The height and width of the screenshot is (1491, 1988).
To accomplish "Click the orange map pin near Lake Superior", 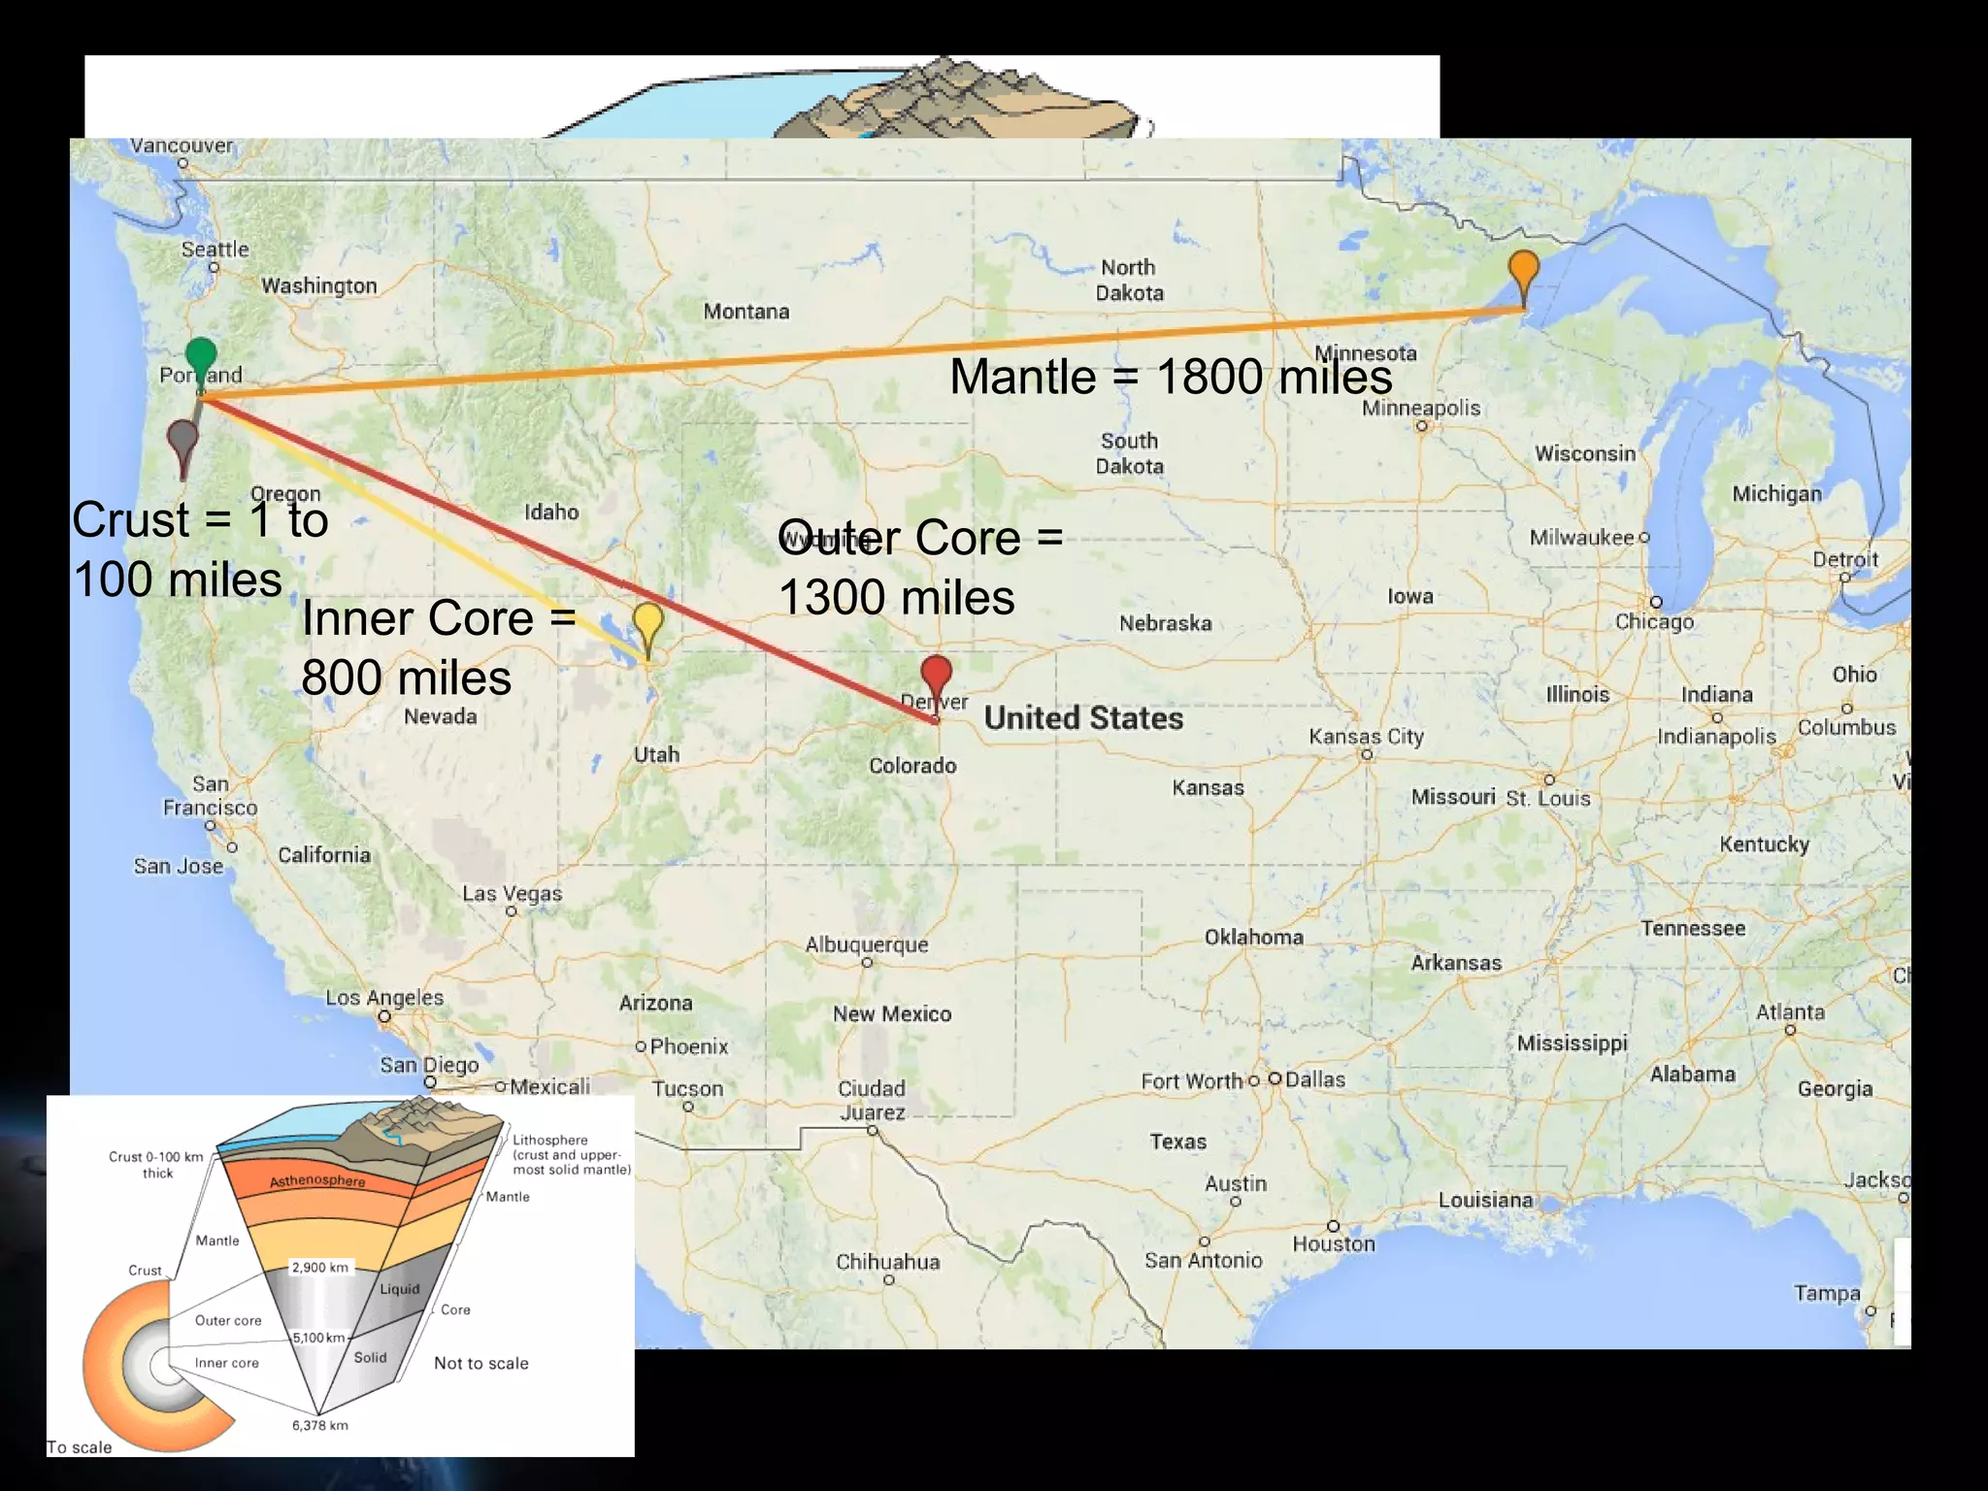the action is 1524,271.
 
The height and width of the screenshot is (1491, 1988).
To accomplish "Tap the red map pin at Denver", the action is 936,676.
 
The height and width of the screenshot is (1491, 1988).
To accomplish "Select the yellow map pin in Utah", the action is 647,622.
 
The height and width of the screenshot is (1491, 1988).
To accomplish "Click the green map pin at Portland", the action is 201,357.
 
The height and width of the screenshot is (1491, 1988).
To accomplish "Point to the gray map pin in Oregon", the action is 182,441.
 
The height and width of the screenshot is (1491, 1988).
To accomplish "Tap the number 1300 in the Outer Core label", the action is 839,597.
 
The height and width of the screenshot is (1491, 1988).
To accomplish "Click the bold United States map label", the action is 1083,718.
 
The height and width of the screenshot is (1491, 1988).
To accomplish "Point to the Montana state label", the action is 746,312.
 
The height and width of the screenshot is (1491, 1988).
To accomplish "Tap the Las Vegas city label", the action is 512,893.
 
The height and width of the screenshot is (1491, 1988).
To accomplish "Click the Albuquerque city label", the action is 867,944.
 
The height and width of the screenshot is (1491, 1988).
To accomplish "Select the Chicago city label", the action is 1654,621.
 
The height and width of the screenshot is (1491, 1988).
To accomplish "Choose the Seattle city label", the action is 215,249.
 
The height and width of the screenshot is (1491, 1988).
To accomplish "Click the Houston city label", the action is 1334,1243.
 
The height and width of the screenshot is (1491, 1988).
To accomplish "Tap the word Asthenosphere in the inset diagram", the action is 317,1180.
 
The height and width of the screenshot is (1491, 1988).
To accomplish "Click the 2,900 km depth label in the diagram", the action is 320,1267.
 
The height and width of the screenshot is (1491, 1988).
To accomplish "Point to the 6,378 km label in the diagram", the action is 320,1425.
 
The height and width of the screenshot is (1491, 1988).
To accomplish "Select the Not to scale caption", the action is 480,1363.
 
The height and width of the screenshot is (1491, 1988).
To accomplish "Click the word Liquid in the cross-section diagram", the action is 399,1289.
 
